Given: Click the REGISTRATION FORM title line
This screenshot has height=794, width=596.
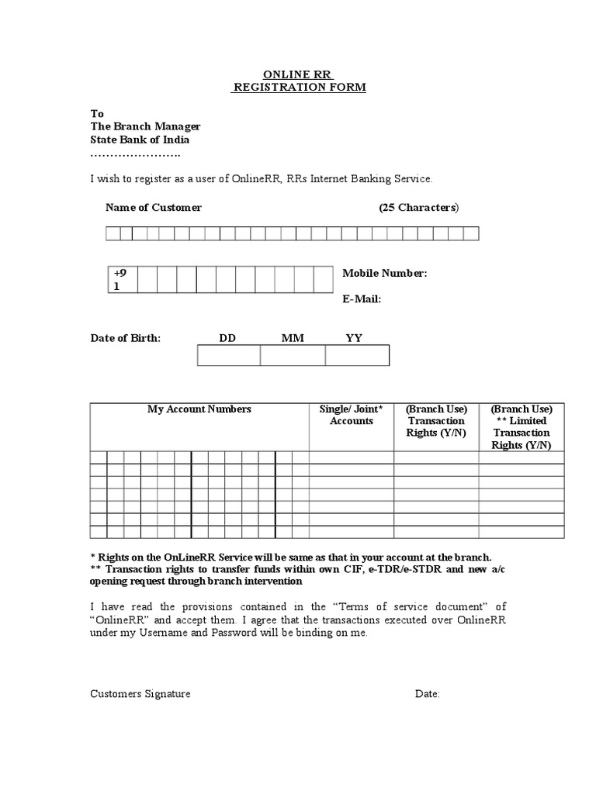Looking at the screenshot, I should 299,88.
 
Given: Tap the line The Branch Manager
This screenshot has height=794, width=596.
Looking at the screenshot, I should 145,126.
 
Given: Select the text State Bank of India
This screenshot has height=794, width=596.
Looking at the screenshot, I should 140,140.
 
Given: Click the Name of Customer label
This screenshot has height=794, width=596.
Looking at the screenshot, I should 153,208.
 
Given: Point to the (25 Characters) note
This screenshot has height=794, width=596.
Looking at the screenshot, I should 419,208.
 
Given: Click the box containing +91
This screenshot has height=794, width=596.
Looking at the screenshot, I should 122,279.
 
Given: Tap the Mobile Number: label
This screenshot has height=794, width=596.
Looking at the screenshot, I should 384,273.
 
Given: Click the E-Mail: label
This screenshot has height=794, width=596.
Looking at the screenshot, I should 362,299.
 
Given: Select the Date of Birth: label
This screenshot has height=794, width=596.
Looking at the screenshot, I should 126,338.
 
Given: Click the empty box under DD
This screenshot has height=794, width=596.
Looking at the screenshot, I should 229,356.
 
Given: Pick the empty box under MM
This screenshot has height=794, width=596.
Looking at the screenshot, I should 293,356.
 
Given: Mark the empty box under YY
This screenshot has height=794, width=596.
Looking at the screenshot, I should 357,356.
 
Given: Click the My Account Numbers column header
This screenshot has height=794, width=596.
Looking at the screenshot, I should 199,409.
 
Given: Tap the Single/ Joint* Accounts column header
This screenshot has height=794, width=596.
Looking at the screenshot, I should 352,415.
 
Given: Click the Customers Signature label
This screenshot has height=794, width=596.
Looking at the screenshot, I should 140,694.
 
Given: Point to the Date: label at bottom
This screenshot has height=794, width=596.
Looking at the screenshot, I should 428,694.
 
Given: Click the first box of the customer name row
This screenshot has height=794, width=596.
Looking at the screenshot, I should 113,234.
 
